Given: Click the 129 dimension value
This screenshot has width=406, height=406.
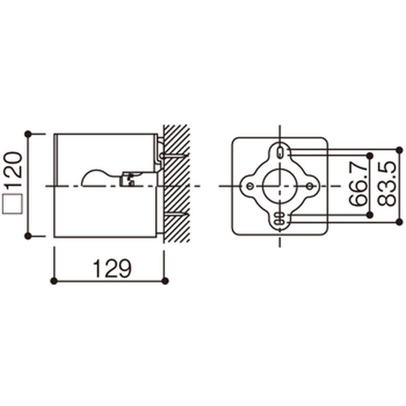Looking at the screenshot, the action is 112,268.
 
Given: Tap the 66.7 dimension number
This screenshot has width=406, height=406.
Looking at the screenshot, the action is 358,186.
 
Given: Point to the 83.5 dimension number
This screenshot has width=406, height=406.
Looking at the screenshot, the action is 387,184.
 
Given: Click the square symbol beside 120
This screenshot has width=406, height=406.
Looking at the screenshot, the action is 12,204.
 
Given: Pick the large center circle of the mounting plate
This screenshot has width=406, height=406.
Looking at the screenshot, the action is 280,186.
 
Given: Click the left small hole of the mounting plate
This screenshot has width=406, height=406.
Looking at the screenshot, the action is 250,186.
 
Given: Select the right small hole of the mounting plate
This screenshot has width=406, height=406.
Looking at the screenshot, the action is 310,186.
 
